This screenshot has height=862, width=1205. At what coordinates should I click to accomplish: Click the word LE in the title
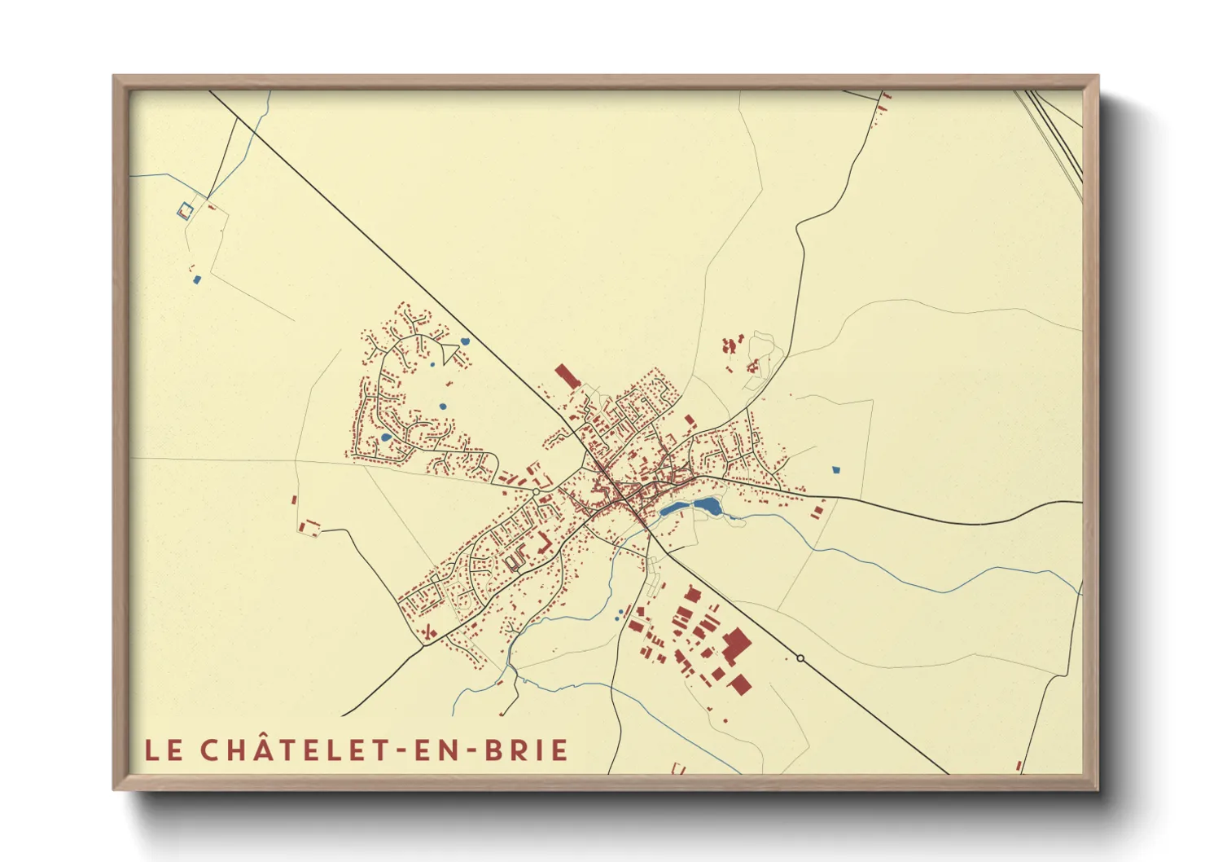pyautogui.click(x=164, y=750)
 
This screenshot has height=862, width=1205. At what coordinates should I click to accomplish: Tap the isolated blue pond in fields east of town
pyautogui.click(x=835, y=470)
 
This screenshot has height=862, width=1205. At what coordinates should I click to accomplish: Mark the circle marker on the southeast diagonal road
pyautogui.click(x=800, y=657)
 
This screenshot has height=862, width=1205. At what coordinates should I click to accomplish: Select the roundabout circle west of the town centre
pyautogui.click(x=537, y=491)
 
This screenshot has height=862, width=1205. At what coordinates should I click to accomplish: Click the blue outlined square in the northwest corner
pyautogui.click(x=186, y=210)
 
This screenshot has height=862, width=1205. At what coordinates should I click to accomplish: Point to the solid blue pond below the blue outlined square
pyautogui.click(x=196, y=279)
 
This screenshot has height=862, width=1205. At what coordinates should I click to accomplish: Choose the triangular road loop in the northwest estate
pyautogui.click(x=449, y=352)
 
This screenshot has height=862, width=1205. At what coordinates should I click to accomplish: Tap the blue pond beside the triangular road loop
pyautogui.click(x=465, y=341)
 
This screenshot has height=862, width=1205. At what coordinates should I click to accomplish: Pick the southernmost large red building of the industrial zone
pyautogui.click(x=739, y=684)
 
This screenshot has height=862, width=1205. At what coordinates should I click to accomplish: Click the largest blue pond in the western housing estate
pyautogui.click(x=386, y=438)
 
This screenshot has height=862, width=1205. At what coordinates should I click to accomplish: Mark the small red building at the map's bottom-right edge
pyautogui.click(x=1019, y=766)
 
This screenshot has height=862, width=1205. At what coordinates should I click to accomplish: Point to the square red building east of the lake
pyautogui.click(x=818, y=511)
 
